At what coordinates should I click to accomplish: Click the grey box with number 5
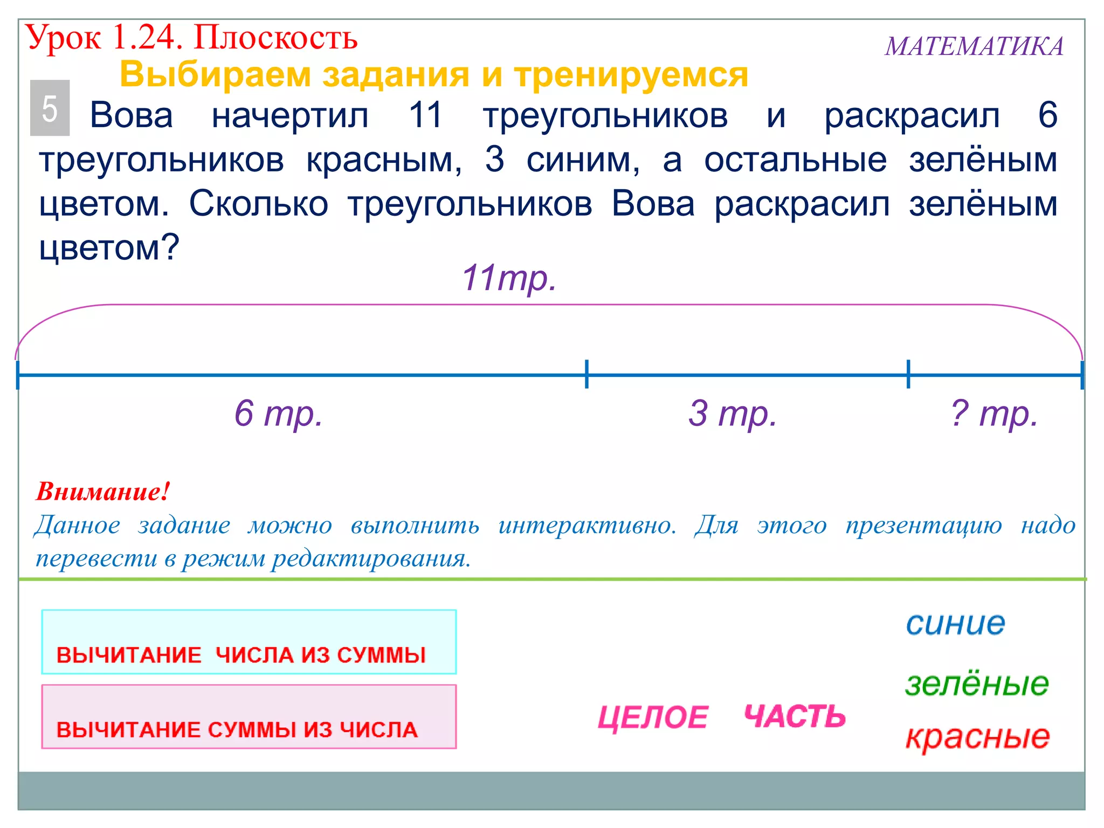pyautogui.click(x=50, y=108)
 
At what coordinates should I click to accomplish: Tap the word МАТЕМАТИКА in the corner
pyautogui.click(x=974, y=46)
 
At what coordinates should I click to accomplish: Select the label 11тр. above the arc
pyautogui.click(x=509, y=278)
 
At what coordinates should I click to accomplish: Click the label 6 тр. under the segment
pyautogui.click(x=278, y=413)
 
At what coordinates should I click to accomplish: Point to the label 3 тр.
pyautogui.click(x=733, y=413)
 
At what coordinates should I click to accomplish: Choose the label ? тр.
pyautogui.click(x=993, y=413)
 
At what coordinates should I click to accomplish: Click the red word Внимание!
pyautogui.click(x=103, y=492)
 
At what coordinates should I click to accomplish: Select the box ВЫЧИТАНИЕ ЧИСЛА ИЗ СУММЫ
pyautogui.click(x=249, y=642)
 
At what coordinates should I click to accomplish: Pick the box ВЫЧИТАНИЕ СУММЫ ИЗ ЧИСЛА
pyautogui.click(x=249, y=717)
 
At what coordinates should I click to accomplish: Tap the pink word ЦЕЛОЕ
pyautogui.click(x=653, y=717)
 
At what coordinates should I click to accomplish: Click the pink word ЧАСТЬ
pyautogui.click(x=795, y=716)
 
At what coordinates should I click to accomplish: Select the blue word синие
pyautogui.click(x=955, y=624)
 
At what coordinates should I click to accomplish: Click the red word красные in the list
pyautogui.click(x=977, y=737)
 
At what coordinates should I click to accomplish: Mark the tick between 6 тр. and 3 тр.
pyautogui.click(x=586, y=374)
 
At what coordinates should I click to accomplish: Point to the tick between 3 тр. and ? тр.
pyautogui.click(x=908, y=374)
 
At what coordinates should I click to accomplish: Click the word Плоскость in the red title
pyautogui.click(x=275, y=38)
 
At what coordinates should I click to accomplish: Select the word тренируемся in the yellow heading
pyautogui.click(x=631, y=74)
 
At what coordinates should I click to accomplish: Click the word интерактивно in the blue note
pyautogui.click(x=587, y=525)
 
